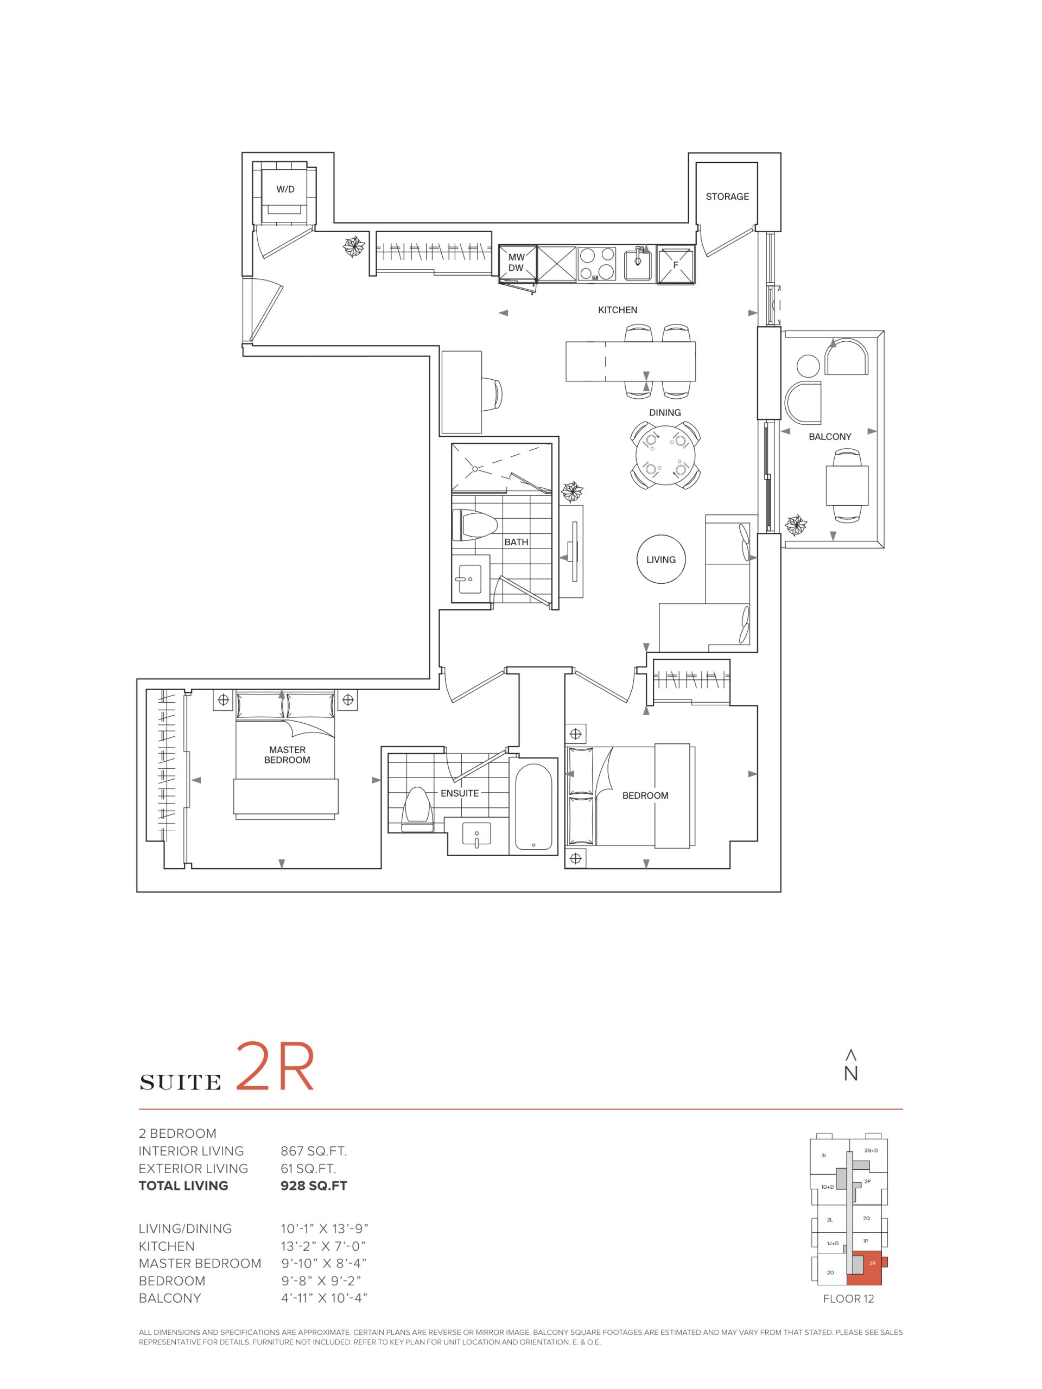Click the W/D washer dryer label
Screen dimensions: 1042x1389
coord(285,189)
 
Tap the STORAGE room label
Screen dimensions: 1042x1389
coord(727,196)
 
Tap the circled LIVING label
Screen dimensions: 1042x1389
coord(661,559)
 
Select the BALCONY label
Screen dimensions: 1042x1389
coord(830,436)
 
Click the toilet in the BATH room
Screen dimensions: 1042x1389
coord(474,524)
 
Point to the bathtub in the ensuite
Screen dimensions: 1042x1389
coord(533,805)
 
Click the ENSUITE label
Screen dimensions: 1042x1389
coord(459,793)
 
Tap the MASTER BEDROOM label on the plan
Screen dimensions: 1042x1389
coord(287,755)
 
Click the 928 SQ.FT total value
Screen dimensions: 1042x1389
coord(314,1186)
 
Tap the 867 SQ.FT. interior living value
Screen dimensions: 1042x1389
coord(314,1151)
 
